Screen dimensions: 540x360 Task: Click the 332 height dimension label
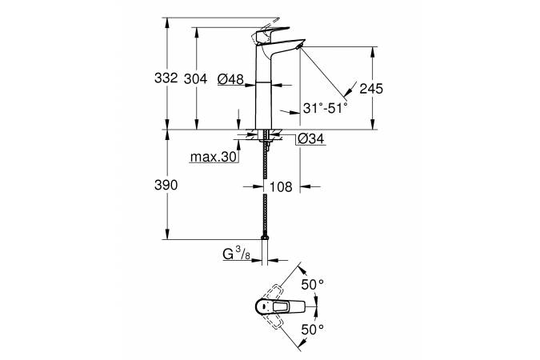coord(166,78)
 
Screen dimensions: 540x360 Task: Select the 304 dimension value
coord(196,79)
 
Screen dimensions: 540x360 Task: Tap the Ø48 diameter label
coord(230,79)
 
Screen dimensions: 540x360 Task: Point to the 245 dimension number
coord(371,89)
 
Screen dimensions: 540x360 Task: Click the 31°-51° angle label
coord(326,109)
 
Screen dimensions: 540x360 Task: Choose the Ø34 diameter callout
coord(311,139)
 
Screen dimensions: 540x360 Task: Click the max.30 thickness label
coord(214,158)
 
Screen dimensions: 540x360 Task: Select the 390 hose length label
coord(166,186)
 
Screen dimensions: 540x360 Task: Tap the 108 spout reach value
coord(281,187)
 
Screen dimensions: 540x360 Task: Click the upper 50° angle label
coord(313,285)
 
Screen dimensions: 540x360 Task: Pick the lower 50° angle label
coord(313,330)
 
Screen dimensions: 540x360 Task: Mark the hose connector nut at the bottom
coord(265,238)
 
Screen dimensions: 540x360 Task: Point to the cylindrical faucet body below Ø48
coord(263,106)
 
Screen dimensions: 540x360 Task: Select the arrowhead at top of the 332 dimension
coord(167,22)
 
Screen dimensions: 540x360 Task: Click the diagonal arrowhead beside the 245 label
coord(350,90)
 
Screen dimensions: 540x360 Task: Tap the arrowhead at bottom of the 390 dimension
coord(167,234)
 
